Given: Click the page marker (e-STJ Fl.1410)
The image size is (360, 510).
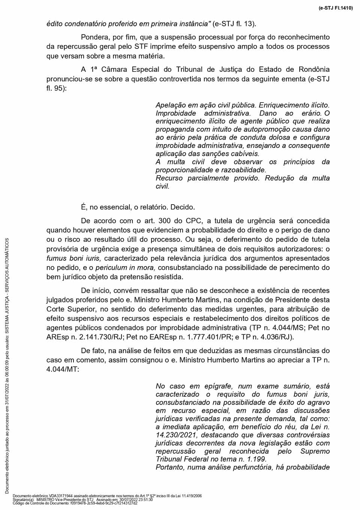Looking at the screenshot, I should [336, 8].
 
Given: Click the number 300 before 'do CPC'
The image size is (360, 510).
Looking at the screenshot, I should [165, 221].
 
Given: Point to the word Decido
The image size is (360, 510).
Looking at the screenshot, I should [183, 207].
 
